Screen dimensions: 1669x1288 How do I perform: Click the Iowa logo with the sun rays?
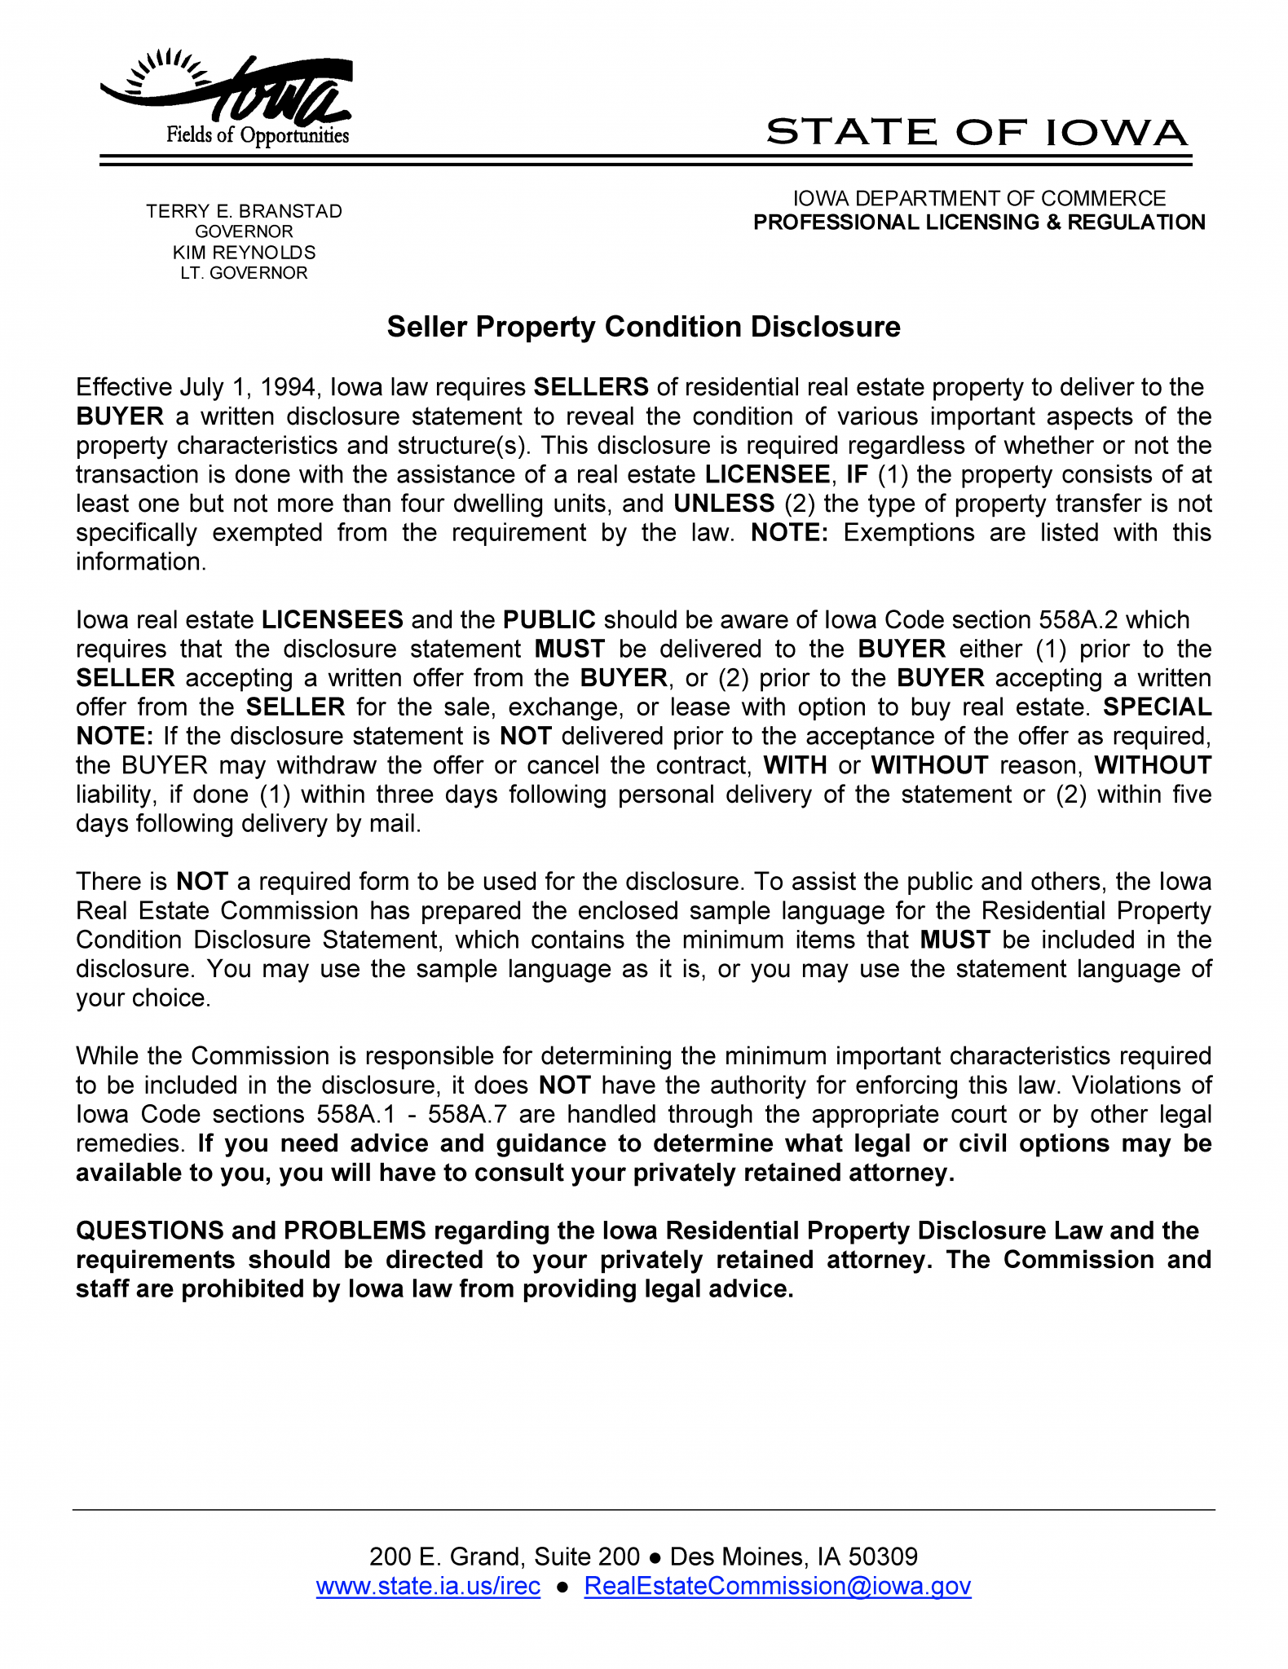click(227, 97)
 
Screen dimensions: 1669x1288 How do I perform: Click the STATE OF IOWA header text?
click(976, 132)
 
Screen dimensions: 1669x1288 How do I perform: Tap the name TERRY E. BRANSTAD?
click(244, 211)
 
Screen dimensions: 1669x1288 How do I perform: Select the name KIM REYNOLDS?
click(244, 253)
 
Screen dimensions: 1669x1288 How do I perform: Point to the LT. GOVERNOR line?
click(244, 273)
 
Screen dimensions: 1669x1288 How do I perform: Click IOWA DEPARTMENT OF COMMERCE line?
click(979, 199)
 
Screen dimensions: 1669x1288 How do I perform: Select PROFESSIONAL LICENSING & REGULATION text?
click(979, 222)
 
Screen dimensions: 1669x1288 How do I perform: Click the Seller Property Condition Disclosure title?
click(643, 327)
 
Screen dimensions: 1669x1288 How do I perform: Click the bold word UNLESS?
click(723, 504)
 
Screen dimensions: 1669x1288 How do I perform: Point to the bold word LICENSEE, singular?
click(767, 474)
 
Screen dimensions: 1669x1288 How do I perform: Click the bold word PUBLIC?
click(549, 620)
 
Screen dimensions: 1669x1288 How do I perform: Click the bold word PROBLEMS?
click(355, 1231)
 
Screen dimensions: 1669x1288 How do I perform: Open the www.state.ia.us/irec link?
click(428, 1586)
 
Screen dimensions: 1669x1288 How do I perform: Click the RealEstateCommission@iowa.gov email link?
click(777, 1586)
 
